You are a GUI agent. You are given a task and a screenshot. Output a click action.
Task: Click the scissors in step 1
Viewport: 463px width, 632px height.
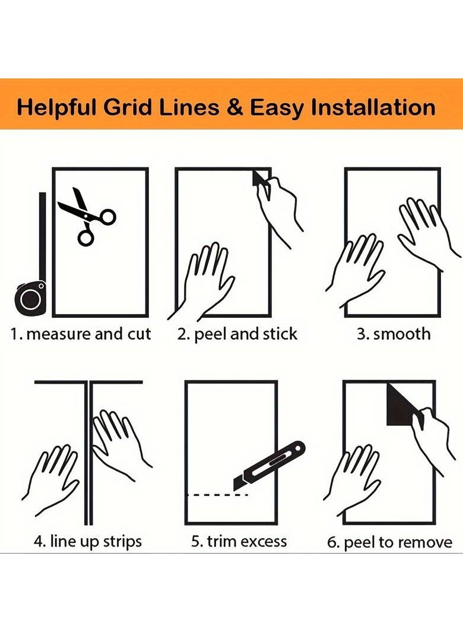pos(85,215)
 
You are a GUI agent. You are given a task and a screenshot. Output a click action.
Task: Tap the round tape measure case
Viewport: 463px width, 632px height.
pos(30,298)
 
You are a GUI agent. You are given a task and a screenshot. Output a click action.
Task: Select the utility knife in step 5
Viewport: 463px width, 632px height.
pos(269,466)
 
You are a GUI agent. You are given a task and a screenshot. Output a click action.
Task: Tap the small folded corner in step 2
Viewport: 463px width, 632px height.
pos(260,178)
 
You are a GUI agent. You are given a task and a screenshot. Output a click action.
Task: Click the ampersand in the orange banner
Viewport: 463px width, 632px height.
pos(234,108)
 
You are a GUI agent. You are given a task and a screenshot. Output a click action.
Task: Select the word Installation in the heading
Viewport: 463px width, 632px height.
pos(373,108)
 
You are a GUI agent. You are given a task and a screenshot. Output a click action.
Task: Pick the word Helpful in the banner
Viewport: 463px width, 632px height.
pos(56,108)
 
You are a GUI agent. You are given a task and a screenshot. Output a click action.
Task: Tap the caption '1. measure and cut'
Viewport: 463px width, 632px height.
pos(81,334)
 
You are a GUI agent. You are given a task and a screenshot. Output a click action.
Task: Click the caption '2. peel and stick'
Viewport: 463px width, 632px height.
pos(237,334)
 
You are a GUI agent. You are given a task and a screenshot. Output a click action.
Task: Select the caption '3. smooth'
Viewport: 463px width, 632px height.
pos(394,334)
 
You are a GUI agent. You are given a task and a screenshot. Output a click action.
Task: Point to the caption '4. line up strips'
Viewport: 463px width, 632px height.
pos(88,541)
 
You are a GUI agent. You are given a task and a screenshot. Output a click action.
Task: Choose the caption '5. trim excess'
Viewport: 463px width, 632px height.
pos(239,541)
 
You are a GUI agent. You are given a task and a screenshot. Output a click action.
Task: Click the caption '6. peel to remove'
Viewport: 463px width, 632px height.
pos(389,542)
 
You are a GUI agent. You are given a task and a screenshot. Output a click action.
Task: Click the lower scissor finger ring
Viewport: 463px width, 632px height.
pos(86,238)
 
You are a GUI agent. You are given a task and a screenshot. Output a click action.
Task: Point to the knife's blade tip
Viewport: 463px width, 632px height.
pos(234,489)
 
